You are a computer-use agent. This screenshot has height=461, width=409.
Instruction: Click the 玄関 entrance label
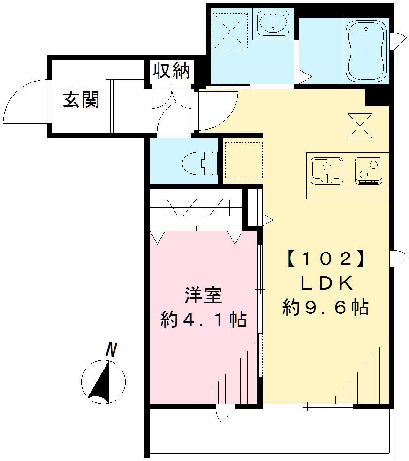(81, 99)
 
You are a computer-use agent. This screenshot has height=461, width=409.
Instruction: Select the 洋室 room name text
(203, 296)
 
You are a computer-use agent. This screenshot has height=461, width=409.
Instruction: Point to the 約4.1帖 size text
(203, 320)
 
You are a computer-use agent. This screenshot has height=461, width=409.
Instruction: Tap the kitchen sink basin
(326, 170)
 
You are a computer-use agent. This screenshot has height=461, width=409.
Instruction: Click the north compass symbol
(103, 381)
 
